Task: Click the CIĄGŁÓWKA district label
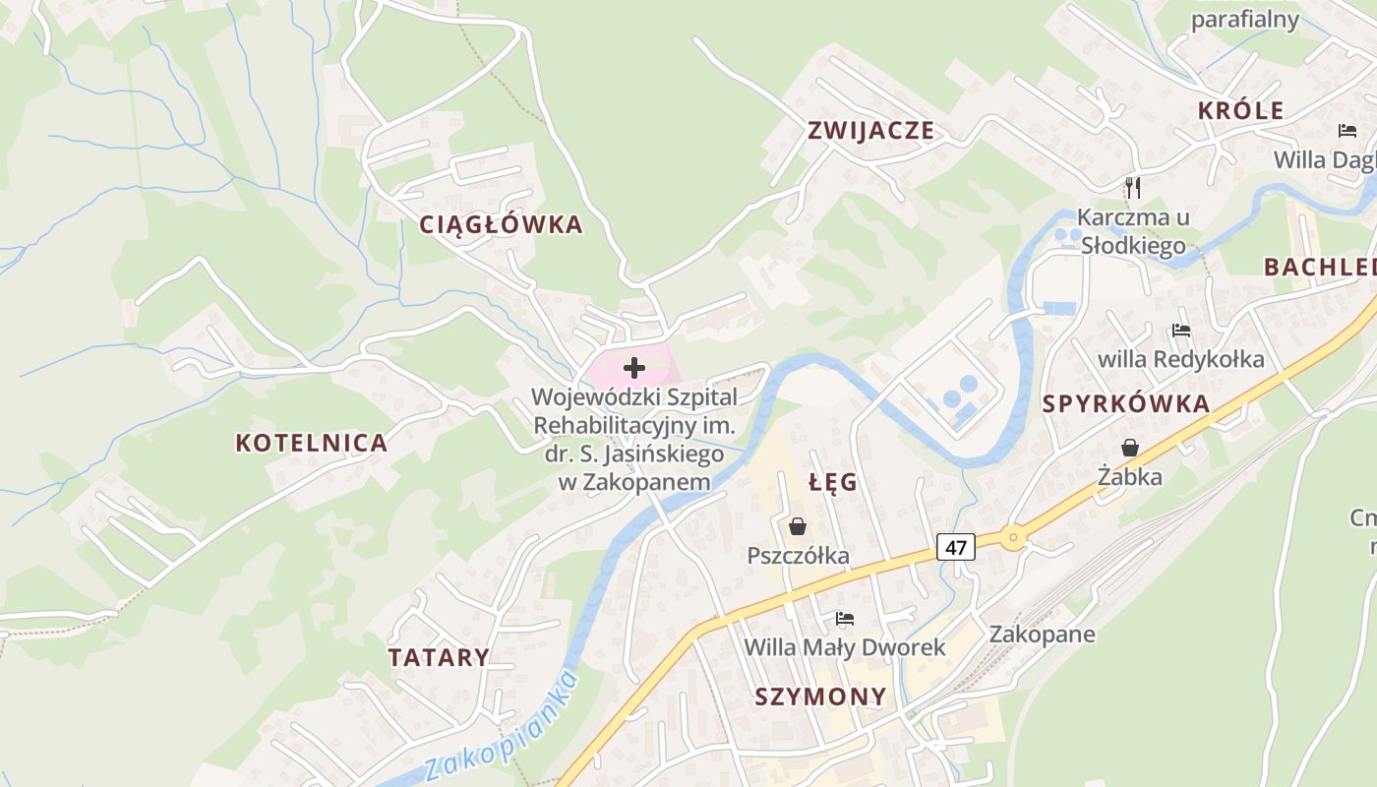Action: click(501, 224)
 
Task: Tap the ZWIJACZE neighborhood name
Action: click(870, 131)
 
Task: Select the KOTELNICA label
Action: click(311, 443)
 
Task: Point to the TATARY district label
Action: click(439, 657)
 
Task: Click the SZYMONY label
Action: click(820, 696)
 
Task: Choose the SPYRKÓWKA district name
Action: click(1125, 404)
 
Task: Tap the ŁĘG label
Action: click(833, 482)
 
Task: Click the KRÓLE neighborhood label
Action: click(1240, 110)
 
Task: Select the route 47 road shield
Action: click(956, 547)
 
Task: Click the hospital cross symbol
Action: click(634, 369)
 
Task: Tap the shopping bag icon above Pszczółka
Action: click(798, 527)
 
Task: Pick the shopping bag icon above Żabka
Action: click(1130, 449)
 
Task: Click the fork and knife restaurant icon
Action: click(1132, 186)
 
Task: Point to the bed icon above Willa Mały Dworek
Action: click(844, 619)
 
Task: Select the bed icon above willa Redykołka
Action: click(1180, 331)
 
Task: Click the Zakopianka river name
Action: click(502, 729)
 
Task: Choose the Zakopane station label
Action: click(1042, 634)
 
